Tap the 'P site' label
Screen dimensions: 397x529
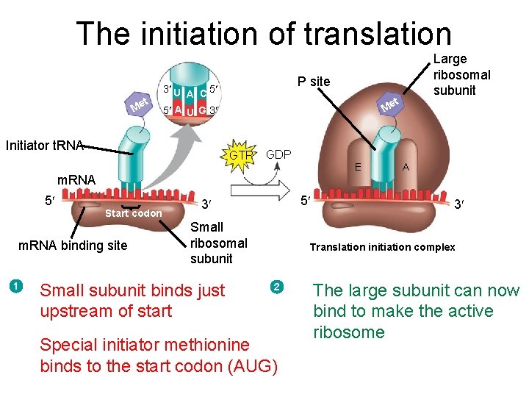(x=314, y=81)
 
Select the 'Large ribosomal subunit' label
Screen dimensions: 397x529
(x=461, y=74)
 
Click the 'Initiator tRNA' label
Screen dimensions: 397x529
(x=44, y=145)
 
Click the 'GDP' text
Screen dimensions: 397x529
(x=278, y=155)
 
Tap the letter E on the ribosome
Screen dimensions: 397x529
(x=358, y=167)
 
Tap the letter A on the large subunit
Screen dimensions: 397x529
(x=405, y=167)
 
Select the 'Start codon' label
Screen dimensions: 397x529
(x=133, y=214)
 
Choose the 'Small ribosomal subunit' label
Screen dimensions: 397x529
(x=218, y=243)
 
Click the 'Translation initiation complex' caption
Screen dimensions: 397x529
(x=382, y=247)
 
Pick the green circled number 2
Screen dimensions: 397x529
(x=276, y=285)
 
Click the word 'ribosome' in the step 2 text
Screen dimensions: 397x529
(x=348, y=332)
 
